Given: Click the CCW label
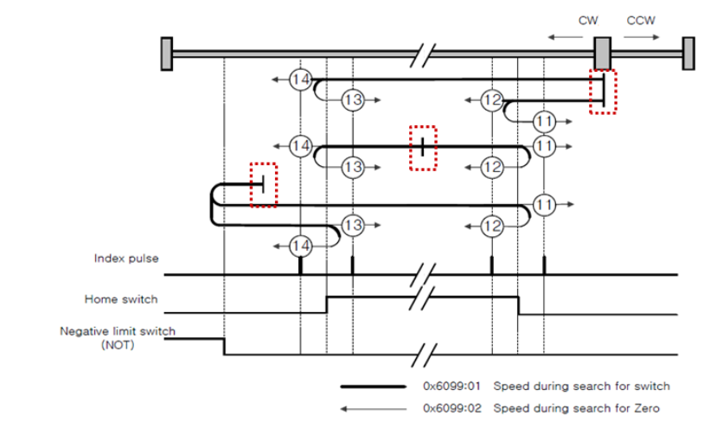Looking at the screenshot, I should [641, 20].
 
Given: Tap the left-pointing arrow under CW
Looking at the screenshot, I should [567, 37].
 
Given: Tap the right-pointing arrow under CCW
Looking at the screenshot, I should [642, 37].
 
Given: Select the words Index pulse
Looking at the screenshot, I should [126, 258].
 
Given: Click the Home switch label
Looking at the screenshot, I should [121, 299].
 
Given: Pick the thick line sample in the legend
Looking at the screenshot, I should [374, 387].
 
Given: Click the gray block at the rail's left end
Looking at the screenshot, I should [166, 53].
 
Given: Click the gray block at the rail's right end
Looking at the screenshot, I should [688, 53].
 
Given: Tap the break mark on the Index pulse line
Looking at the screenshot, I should [422, 275].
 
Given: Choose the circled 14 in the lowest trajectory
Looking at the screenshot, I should [300, 245].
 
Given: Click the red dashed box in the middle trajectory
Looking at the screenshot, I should [422, 148].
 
